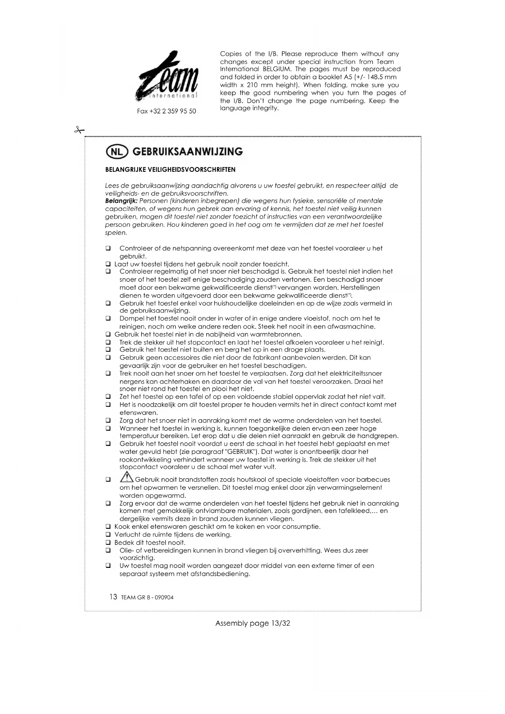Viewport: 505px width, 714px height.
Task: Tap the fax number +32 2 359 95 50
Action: (x=166, y=111)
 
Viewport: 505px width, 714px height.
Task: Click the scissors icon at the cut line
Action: (x=79, y=130)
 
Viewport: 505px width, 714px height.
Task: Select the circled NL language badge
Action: (x=116, y=152)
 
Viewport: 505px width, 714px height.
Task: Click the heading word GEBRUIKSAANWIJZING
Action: (x=188, y=152)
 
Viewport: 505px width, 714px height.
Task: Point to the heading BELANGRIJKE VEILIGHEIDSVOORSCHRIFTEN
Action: (x=170, y=169)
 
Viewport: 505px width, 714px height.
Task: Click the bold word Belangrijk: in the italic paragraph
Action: (x=121, y=201)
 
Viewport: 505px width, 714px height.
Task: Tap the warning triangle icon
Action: (x=127, y=477)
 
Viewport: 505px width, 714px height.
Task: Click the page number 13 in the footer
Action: (x=113, y=597)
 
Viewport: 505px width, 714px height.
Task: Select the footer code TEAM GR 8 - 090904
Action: (x=147, y=598)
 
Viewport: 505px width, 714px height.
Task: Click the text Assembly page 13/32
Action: (x=252, y=623)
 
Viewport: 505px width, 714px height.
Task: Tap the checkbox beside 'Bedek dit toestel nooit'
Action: (x=108, y=543)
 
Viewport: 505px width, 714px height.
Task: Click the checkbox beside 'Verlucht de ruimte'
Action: (x=108, y=534)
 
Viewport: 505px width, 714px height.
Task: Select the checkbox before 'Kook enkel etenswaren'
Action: (x=108, y=527)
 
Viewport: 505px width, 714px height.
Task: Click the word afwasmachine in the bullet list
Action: (x=351, y=326)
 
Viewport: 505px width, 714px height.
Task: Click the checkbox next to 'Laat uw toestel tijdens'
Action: (x=108, y=264)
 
